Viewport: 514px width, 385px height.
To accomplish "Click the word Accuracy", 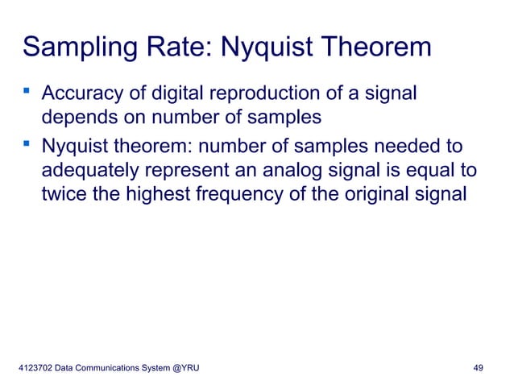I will tap(83, 95).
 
